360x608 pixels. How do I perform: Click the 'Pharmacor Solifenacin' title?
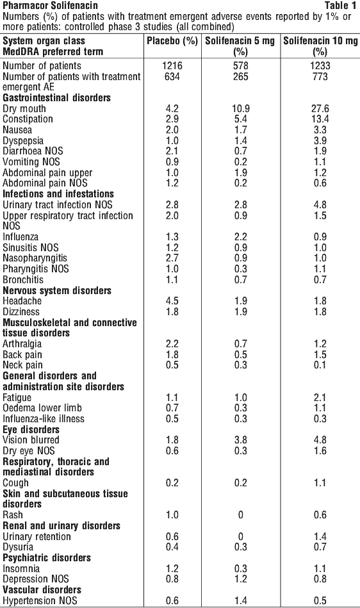click(x=50, y=5)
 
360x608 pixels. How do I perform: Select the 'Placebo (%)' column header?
click(x=172, y=41)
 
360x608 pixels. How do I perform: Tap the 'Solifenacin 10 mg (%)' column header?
click(x=320, y=46)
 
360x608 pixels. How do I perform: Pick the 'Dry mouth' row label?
click(x=24, y=108)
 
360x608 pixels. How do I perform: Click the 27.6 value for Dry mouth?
click(x=320, y=108)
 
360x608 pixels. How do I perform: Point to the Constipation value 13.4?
click(x=320, y=119)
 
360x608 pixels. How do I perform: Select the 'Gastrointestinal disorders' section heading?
click(x=56, y=98)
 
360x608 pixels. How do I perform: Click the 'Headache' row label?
click(x=22, y=301)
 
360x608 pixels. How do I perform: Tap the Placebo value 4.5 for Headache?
click(x=172, y=301)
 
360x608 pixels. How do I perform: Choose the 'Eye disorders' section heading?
click(x=31, y=430)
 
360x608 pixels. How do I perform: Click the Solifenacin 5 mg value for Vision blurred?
click(x=241, y=440)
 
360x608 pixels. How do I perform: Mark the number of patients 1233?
click(x=320, y=65)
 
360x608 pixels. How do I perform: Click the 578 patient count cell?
click(x=241, y=65)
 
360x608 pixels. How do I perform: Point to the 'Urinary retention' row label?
click(x=37, y=537)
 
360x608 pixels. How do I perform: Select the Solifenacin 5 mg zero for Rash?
click(x=241, y=515)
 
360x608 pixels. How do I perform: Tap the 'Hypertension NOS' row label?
click(x=40, y=601)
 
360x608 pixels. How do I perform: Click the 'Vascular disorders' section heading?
click(x=42, y=590)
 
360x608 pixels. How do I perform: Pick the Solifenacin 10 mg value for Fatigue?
click(x=320, y=397)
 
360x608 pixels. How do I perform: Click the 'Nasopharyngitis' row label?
click(x=35, y=258)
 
